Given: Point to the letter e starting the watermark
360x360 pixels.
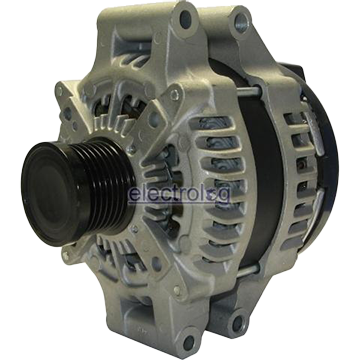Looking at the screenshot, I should (132, 195).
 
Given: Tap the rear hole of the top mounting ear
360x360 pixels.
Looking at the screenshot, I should (240, 17).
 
